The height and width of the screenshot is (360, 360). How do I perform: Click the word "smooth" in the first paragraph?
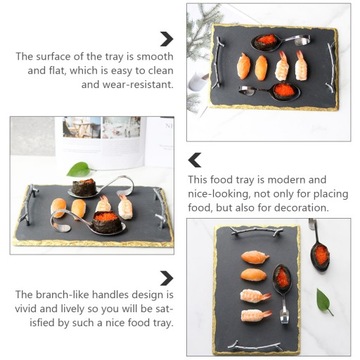(x=151, y=56)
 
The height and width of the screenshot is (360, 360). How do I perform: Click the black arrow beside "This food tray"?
(x=195, y=159)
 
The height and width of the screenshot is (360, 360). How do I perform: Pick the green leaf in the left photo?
(x=77, y=169)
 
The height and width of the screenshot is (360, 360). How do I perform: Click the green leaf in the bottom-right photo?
(x=324, y=301)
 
